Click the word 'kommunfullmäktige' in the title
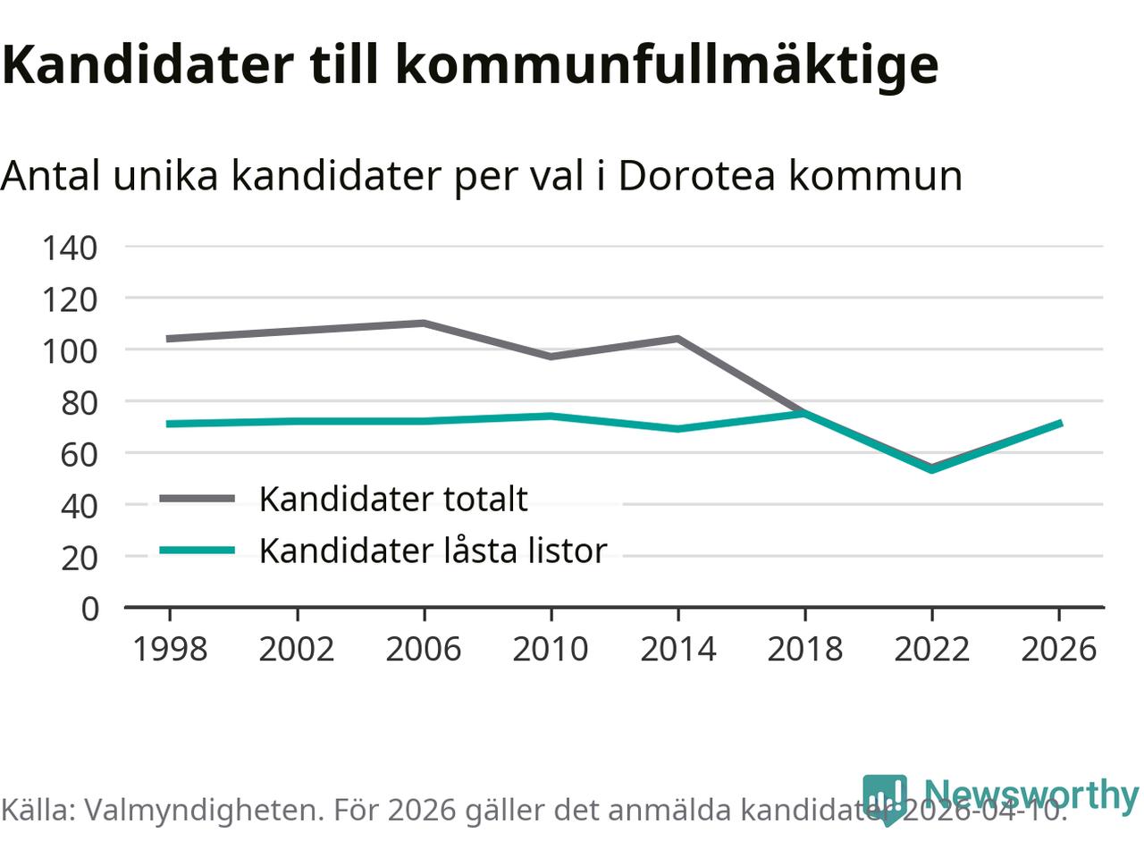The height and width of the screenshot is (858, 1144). click(667, 64)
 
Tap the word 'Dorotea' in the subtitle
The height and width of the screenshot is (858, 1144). click(696, 176)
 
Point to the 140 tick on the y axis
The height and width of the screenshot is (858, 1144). click(70, 248)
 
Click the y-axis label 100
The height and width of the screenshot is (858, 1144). click(70, 350)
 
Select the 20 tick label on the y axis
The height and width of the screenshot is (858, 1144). click(79, 558)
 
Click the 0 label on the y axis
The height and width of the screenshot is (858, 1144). click(89, 609)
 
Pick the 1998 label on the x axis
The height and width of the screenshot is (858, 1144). click(170, 649)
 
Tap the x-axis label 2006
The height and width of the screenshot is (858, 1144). click(424, 649)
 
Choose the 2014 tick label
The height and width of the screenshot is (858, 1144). click(678, 649)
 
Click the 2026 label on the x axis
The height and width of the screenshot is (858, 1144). click(1059, 649)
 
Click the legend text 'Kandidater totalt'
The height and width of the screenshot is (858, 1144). click(393, 499)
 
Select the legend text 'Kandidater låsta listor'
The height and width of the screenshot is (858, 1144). click(433, 551)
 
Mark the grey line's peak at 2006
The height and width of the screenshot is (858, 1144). click(424, 323)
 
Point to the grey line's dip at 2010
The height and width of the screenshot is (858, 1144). click(551, 357)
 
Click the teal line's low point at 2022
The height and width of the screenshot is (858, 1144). click(932, 469)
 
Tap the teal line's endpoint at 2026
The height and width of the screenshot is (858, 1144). click(1059, 423)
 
